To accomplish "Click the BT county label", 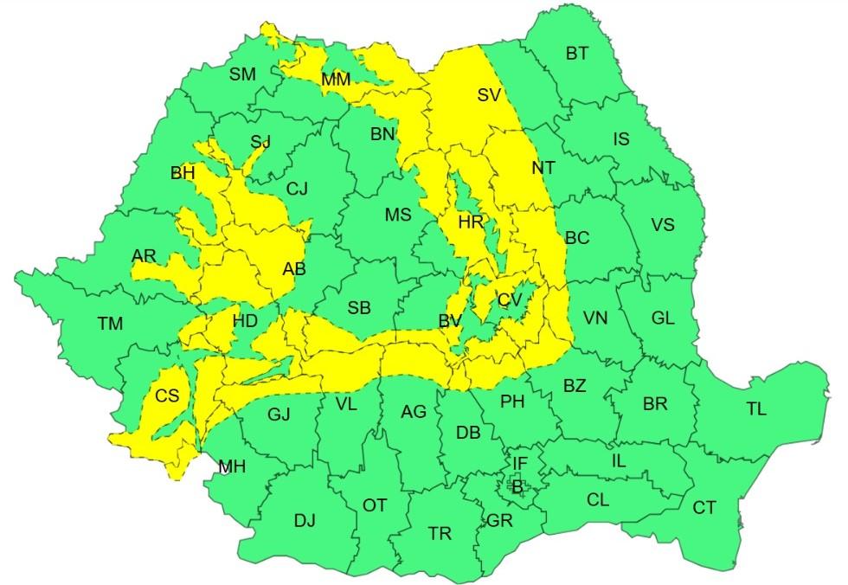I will pyautogui.click(x=577, y=54).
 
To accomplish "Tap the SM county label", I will pyautogui.click(x=242, y=74).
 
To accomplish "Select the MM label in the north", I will pyautogui.click(x=336, y=80).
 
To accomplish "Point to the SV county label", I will pyautogui.click(x=490, y=95).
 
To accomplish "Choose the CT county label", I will pyautogui.click(x=704, y=508).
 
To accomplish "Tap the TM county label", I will pyautogui.click(x=110, y=325).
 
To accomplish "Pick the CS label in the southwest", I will pyautogui.click(x=167, y=395).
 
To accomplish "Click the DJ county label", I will pyautogui.click(x=305, y=520).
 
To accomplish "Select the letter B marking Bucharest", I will pyautogui.click(x=517, y=487).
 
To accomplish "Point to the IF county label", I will pyautogui.click(x=519, y=465).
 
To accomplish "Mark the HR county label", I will pyautogui.click(x=471, y=223).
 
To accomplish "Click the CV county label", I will pyautogui.click(x=510, y=300).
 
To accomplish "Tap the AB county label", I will pyautogui.click(x=294, y=270).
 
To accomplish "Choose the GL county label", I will pyautogui.click(x=663, y=318).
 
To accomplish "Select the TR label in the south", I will pyautogui.click(x=440, y=534).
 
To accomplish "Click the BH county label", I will pyautogui.click(x=183, y=174).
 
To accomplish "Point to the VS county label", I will pyautogui.click(x=663, y=225).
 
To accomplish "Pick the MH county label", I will pyautogui.click(x=232, y=467).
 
